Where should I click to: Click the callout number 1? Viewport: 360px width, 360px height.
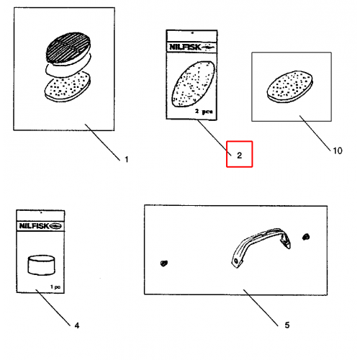pyautogui.click(x=127, y=159)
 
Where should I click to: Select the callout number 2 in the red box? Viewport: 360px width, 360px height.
pyautogui.click(x=239, y=156)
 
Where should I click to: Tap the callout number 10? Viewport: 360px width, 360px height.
pyautogui.click(x=338, y=150)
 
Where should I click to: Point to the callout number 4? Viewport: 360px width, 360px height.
pyautogui.click(x=77, y=325)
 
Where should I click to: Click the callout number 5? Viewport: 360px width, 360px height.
pyautogui.click(x=287, y=325)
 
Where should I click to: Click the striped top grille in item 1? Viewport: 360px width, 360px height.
pyautogui.click(x=68, y=47)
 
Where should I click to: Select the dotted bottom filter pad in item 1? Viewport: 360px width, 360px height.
pyautogui.click(x=68, y=87)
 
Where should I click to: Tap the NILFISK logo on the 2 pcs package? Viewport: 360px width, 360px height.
pyautogui.click(x=192, y=47)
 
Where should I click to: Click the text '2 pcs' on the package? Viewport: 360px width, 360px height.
pyautogui.click(x=204, y=112)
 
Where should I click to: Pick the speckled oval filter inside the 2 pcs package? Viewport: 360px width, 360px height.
pyautogui.click(x=193, y=84)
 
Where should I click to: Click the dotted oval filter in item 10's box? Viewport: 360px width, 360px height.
pyautogui.click(x=290, y=86)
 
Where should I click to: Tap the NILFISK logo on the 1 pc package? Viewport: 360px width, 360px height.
pyautogui.click(x=40, y=226)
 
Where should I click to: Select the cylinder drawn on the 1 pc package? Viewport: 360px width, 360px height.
pyautogui.click(x=41, y=265)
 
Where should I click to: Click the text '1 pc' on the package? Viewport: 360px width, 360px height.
pyautogui.click(x=55, y=287)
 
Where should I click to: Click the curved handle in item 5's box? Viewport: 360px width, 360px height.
pyautogui.click(x=261, y=247)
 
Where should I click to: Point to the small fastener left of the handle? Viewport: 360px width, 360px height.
pyautogui.click(x=164, y=264)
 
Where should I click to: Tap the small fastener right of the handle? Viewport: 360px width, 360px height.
pyautogui.click(x=306, y=237)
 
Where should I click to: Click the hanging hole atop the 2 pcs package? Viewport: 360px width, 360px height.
pyautogui.click(x=192, y=33)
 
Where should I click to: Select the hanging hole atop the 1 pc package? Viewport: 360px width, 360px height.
pyautogui.click(x=41, y=212)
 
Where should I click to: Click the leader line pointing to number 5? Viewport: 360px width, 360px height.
pyautogui.click(x=261, y=307)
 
